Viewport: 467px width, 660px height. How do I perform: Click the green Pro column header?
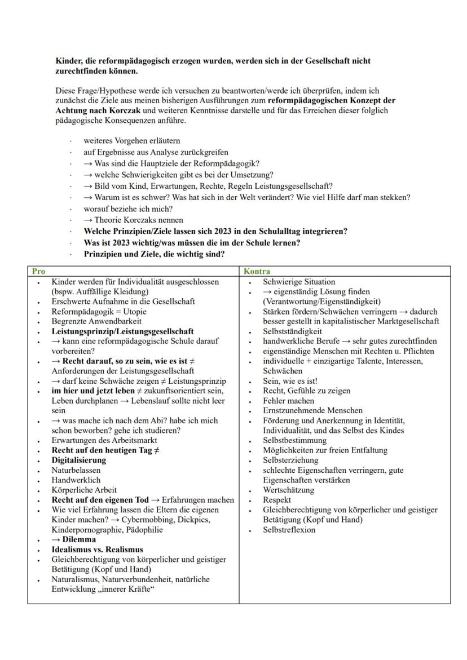tap(38, 271)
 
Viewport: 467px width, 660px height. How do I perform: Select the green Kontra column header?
tap(257, 271)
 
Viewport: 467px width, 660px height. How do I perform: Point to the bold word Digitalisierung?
tap(78, 460)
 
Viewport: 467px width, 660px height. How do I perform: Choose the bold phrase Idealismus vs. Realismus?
tap(97, 550)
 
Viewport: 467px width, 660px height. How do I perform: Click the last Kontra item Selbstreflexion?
tap(289, 530)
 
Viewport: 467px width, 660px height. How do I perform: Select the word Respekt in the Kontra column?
tap(277, 500)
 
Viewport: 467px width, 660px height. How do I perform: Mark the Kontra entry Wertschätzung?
tap(289, 490)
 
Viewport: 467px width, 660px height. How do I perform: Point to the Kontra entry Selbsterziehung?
tap(289, 460)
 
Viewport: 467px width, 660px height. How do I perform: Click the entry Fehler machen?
tap(288, 401)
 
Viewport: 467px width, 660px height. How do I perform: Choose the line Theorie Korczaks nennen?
tap(138, 220)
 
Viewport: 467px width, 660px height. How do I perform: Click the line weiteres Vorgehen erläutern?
tap(132, 141)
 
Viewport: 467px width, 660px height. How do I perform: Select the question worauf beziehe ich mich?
tap(128, 209)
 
